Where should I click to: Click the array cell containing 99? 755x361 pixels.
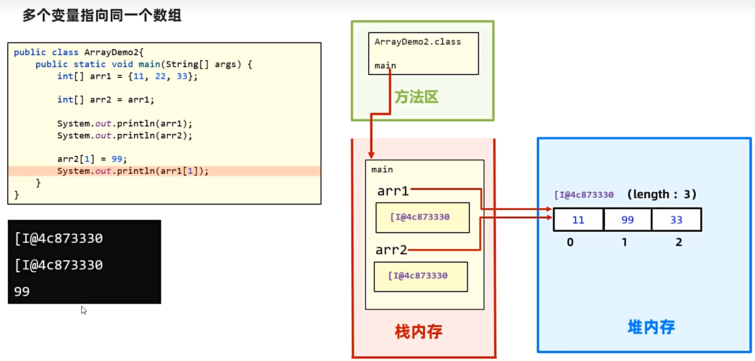tap(627, 220)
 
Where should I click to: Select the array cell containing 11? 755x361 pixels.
tap(578, 220)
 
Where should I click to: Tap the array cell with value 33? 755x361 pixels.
tap(676, 220)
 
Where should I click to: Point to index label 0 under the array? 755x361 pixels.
tap(570, 242)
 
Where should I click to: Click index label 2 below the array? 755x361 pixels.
tap(679, 242)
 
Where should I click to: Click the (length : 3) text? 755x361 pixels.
tap(662, 195)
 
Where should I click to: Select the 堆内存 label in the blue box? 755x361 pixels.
tap(651, 327)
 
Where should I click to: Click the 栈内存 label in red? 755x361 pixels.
tap(418, 331)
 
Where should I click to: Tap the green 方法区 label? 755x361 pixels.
tap(417, 97)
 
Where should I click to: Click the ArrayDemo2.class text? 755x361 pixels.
tap(417, 42)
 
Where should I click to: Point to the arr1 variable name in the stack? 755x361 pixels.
tap(393, 191)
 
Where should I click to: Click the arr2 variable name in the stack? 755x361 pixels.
tap(391, 250)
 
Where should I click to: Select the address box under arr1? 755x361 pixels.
tap(423, 218)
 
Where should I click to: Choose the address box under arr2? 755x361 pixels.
tap(421, 276)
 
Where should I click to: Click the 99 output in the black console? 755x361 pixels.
tap(22, 292)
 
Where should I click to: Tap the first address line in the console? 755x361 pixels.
tap(59, 238)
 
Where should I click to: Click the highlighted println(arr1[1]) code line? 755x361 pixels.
tap(133, 171)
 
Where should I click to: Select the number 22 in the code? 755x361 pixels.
tap(160, 76)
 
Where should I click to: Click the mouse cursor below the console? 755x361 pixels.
tap(84, 310)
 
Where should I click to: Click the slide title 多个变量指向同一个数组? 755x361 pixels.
tap(102, 15)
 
